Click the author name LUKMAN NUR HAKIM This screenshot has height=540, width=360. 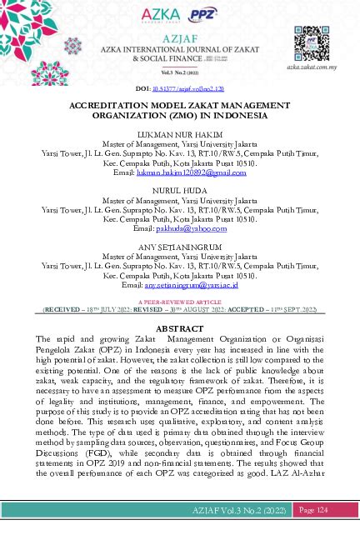(179, 133)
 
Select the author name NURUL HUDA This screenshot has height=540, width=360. (179, 191)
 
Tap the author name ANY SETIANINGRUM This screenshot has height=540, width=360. (179, 247)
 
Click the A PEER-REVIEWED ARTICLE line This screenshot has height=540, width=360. (180, 302)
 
